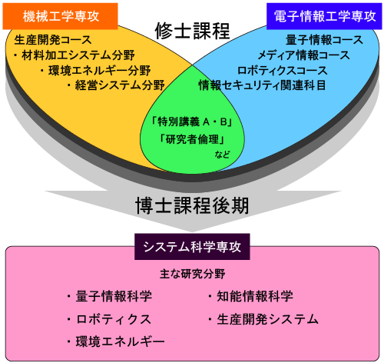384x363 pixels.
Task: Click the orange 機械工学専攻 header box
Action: click(60, 16)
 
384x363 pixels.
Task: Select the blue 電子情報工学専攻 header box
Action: click(324, 16)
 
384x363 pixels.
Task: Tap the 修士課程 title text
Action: click(192, 32)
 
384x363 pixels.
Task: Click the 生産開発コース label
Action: click(52, 40)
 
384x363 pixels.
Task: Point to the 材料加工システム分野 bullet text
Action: click(74, 55)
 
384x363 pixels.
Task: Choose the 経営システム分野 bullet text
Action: click(115, 85)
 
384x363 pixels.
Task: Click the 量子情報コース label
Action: click(324, 40)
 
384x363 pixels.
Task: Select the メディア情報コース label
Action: click(303, 55)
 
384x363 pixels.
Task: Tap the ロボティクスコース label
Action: click(283, 70)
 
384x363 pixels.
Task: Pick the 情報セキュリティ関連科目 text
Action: click(262, 85)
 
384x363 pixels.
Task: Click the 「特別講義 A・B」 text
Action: click(192, 122)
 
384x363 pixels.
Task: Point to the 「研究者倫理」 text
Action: click(192, 139)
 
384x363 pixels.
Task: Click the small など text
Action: click(222, 155)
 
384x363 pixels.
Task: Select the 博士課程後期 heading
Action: click(192, 205)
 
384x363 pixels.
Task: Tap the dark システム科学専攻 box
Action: click(192, 247)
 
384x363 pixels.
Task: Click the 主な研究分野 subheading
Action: click(192, 274)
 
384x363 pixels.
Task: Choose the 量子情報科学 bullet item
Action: click(109, 296)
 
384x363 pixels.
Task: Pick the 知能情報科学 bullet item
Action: click(250, 296)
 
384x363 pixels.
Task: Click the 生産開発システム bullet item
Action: click(263, 319)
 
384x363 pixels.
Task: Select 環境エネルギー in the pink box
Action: click(115, 341)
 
